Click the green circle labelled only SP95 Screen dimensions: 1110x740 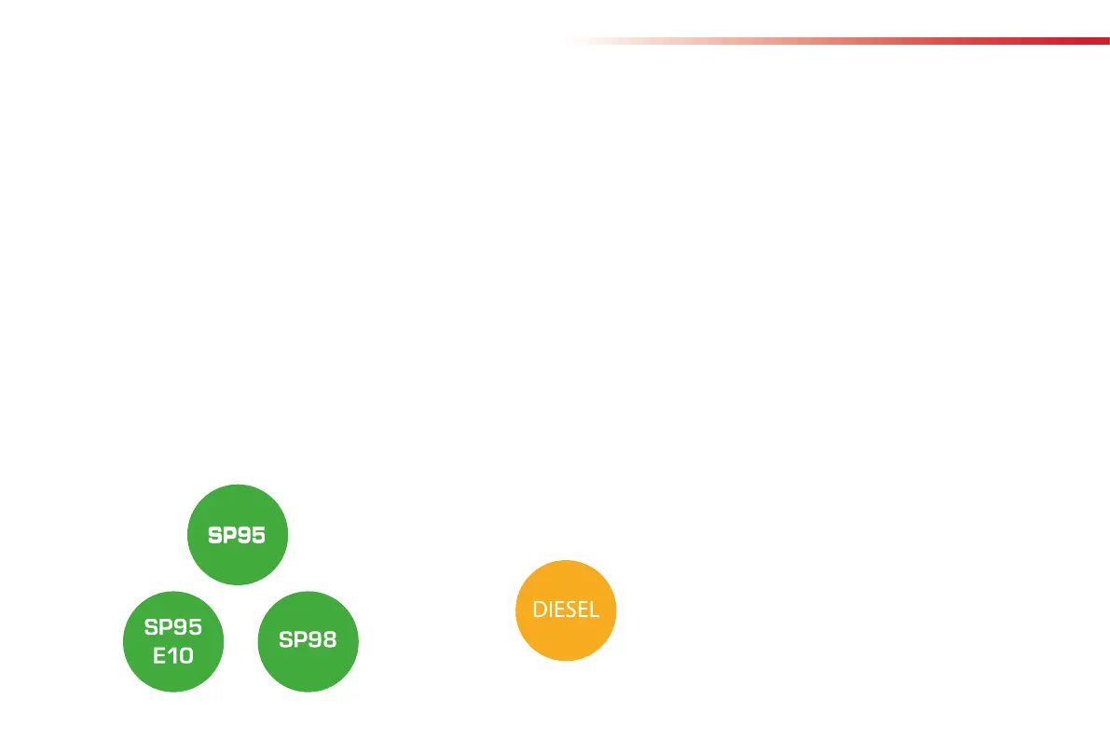click(238, 535)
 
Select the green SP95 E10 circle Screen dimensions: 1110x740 click(173, 641)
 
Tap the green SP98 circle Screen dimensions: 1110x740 click(308, 641)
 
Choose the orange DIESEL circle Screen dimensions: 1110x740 click(566, 610)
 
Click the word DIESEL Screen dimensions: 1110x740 click(566, 610)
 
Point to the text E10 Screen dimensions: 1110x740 click(173, 655)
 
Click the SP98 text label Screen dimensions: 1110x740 click(308, 640)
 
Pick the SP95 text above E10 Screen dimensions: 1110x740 click(173, 627)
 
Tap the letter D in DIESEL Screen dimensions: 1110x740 click(539, 610)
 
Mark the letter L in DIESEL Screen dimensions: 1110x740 click(595, 610)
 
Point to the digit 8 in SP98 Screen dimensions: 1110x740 click(328, 640)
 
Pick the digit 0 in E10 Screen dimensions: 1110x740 click(185, 655)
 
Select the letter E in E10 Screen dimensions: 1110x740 click(159, 655)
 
